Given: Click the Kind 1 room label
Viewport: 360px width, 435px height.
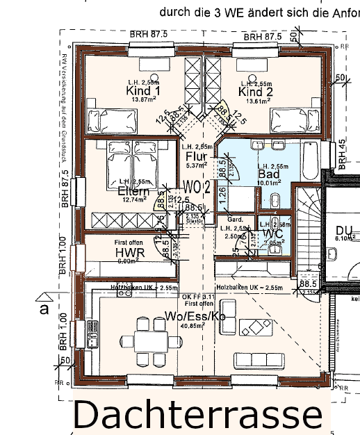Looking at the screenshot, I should [143, 91].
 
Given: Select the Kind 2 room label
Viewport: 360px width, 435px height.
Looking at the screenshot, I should [255, 92].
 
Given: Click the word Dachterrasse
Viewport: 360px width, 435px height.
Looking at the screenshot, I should [197, 415].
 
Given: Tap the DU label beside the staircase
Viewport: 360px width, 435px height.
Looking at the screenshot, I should [344, 230].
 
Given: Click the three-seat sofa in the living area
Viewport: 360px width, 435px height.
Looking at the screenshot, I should [259, 361].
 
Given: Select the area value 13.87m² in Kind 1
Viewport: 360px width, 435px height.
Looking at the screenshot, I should [143, 100].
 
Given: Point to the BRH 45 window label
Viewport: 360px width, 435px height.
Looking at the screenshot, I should [342, 154].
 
